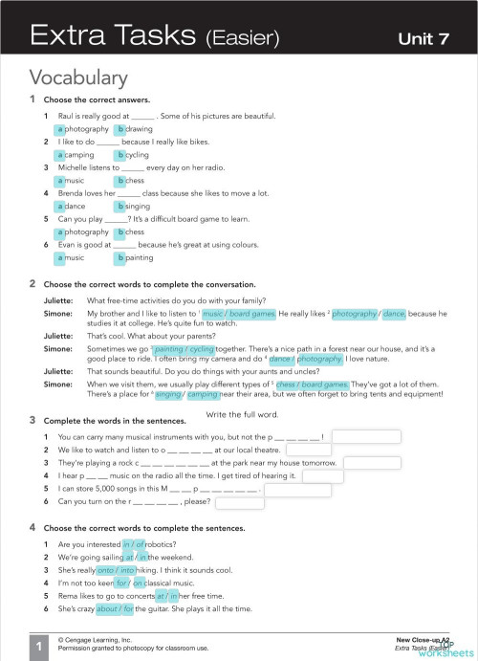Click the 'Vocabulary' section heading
click(x=77, y=77)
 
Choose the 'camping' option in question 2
click(x=76, y=154)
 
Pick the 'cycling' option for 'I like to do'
click(x=133, y=154)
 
